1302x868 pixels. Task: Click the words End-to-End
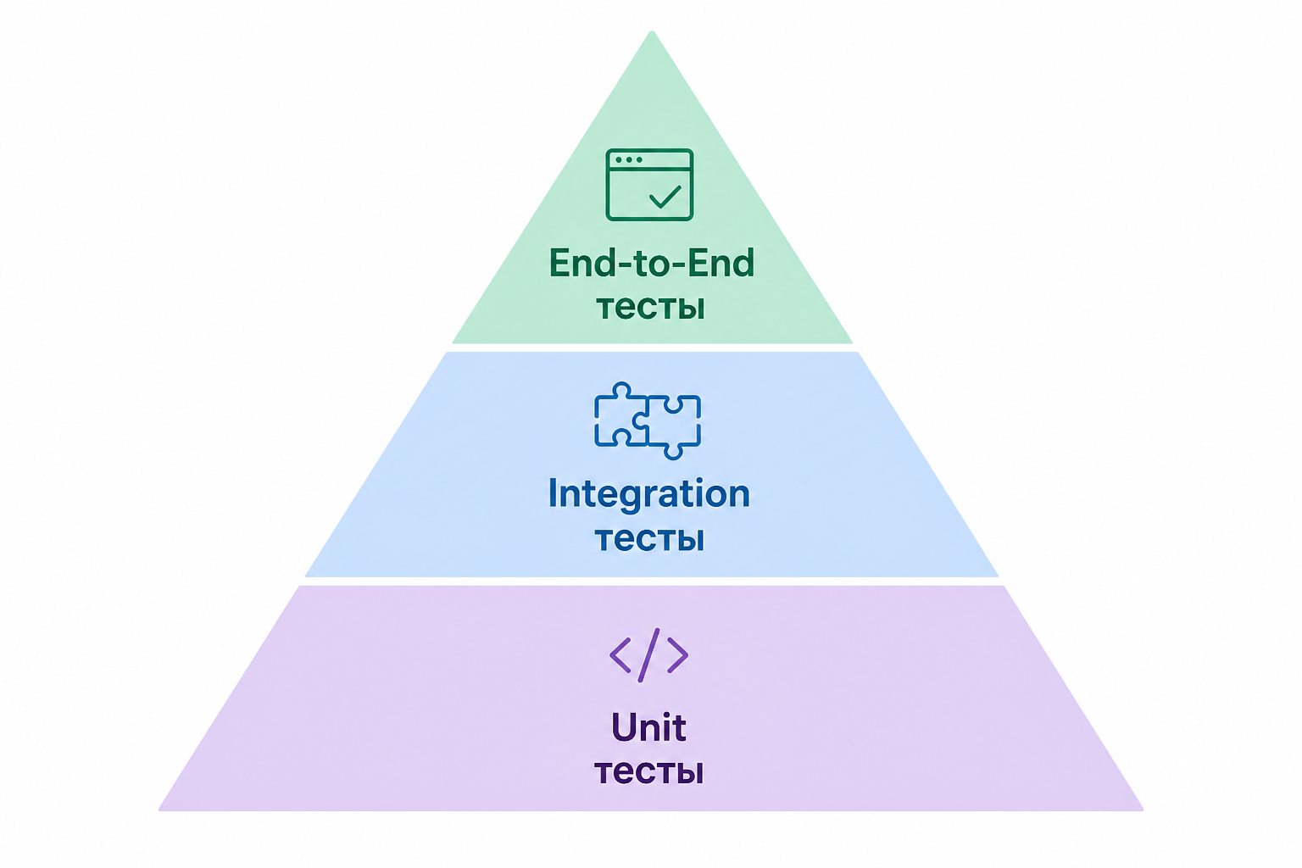pos(652,263)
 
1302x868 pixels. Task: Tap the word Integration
pos(648,494)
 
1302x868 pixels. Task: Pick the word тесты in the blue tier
pos(649,539)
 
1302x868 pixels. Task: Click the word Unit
pos(648,727)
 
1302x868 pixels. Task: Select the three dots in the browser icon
pos(629,159)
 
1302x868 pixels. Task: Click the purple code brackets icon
pos(648,655)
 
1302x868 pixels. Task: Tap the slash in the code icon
pos(648,655)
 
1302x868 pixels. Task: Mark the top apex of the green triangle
pos(652,31)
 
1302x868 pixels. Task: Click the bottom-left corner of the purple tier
pos(159,810)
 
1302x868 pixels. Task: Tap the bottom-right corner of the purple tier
pos(1143,810)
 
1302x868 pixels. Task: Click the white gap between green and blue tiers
pos(652,348)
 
